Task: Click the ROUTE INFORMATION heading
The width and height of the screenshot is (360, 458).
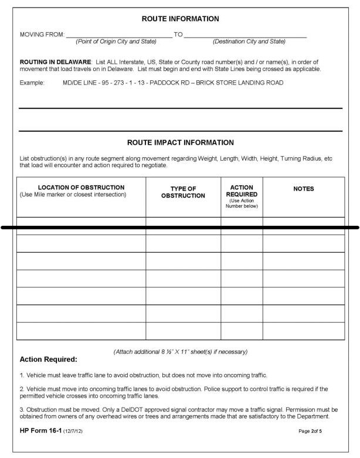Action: pyautogui.click(x=180, y=19)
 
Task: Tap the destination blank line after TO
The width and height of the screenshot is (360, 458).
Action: pyautogui.click(x=245, y=36)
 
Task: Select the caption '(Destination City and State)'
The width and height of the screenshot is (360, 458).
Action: pyautogui.click(x=249, y=42)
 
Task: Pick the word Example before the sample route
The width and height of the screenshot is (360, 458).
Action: pyautogui.click(x=32, y=83)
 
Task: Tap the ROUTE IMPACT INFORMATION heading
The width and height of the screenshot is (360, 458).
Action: pyautogui.click(x=180, y=143)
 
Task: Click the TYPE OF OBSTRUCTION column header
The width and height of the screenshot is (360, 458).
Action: pyautogui.click(x=183, y=192)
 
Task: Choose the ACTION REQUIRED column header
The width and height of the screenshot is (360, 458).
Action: pyautogui.click(x=242, y=191)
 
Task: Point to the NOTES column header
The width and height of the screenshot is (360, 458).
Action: pyautogui.click(x=303, y=189)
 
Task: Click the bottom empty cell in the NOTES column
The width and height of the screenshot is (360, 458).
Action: pyautogui.click(x=303, y=331)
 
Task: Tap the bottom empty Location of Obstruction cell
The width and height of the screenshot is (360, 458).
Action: pyautogui.click(x=81, y=331)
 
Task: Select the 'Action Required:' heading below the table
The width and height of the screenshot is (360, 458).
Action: pyautogui.click(x=48, y=359)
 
